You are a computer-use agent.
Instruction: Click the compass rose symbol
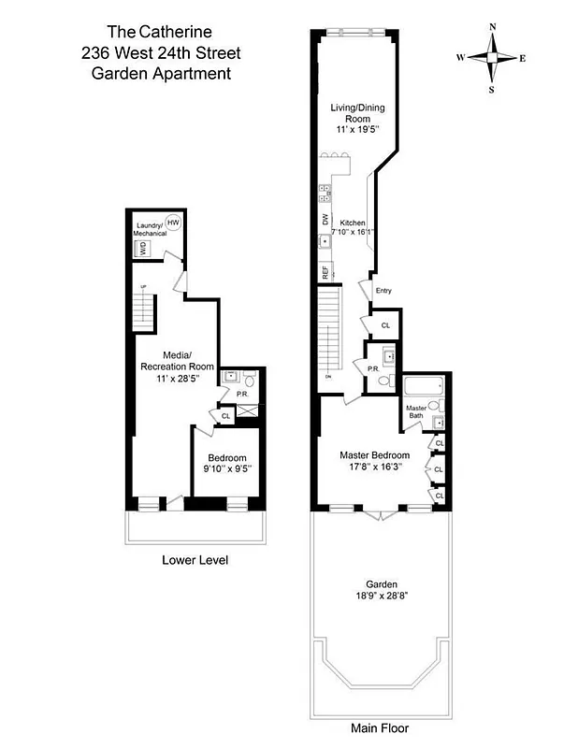pyautogui.click(x=492, y=58)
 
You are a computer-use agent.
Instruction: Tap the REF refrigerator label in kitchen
pyautogui.click(x=325, y=273)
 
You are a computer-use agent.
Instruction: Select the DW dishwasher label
pyautogui.click(x=325, y=220)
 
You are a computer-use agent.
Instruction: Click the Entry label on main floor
pyautogui.click(x=383, y=291)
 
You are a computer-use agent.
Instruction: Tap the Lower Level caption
pyautogui.click(x=195, y=560)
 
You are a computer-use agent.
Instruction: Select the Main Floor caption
pyautogui.click(x=380, y=727)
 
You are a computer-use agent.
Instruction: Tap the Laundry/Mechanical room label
pyautogui.click(x=150, y=229)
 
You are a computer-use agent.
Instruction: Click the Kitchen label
pyautogui.click(x=353, y=223)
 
